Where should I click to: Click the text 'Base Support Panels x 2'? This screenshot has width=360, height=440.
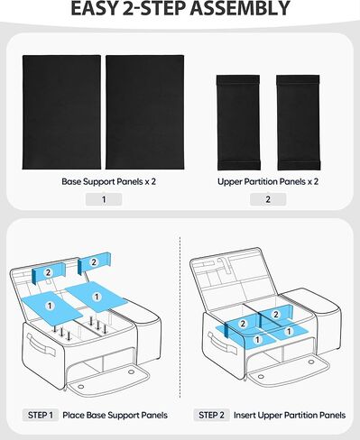[x=104, y=181]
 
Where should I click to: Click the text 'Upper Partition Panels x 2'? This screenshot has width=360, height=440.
[x=268, y=181]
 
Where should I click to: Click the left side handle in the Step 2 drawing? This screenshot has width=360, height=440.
[x=215, y=346]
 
